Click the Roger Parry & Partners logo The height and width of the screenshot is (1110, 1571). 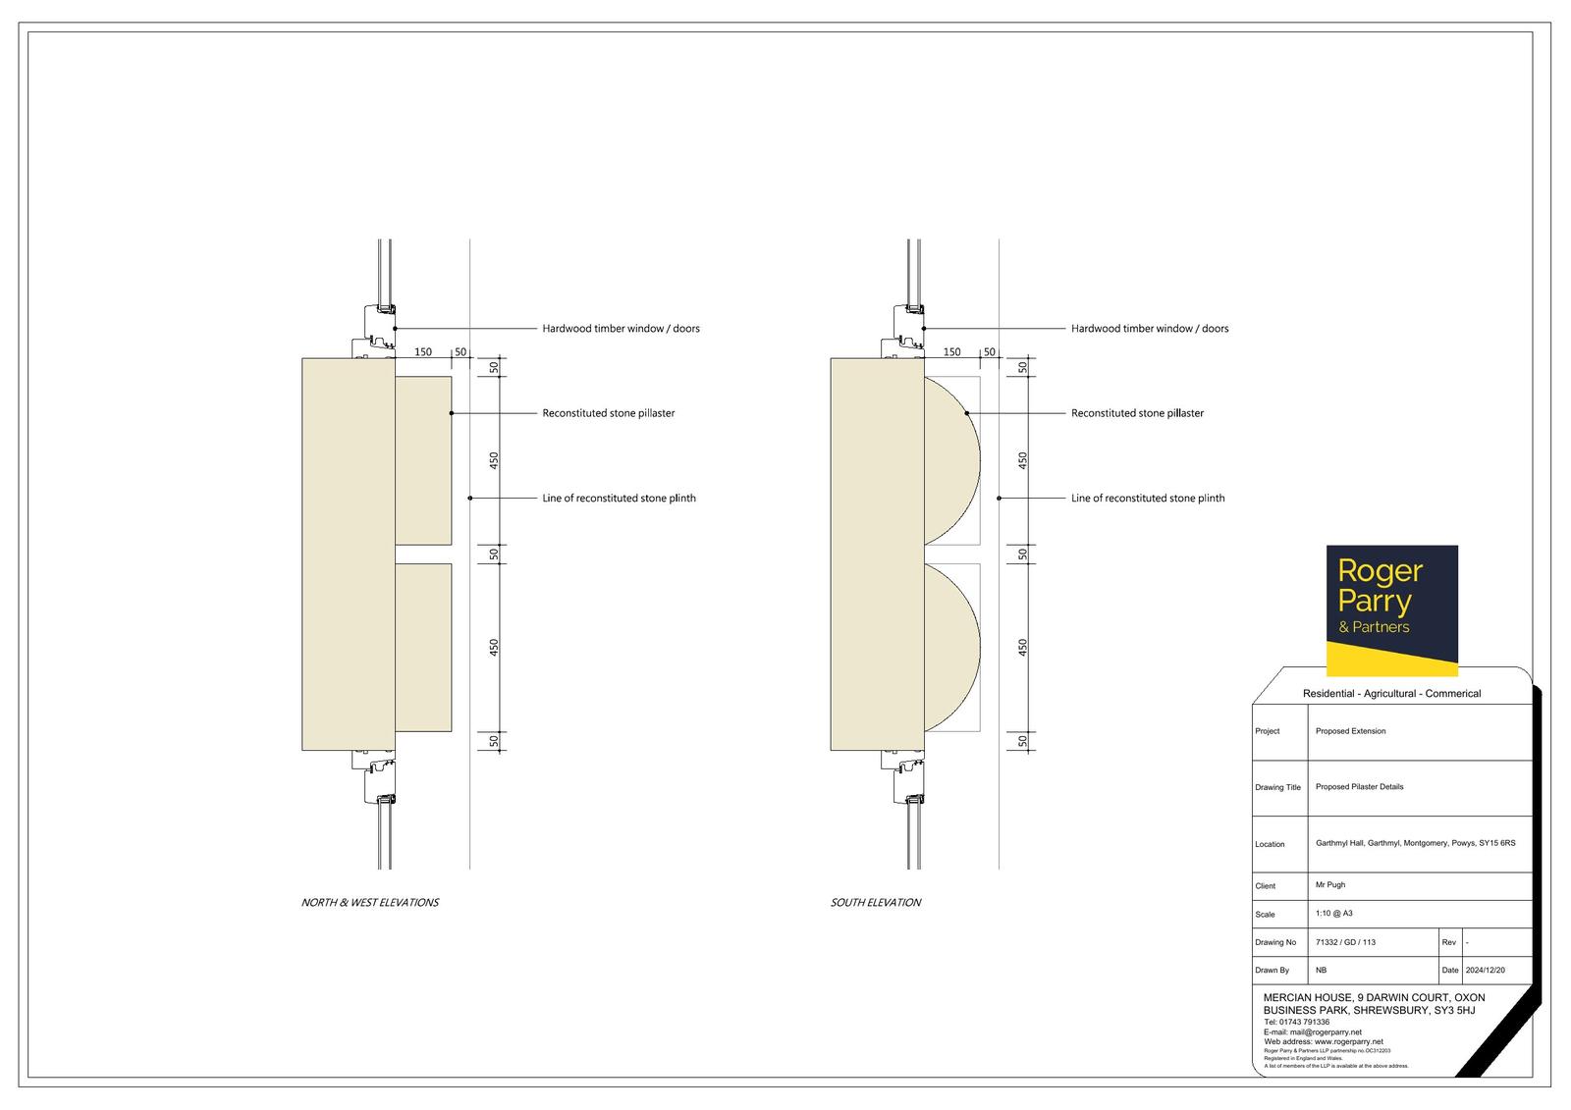pos(1391,610)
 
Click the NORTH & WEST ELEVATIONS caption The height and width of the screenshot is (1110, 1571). pos(369,903)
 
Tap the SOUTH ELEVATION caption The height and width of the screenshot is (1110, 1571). pos(875,903)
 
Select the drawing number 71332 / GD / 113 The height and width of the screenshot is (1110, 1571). pos(1345,942)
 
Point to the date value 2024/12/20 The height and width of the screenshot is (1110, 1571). pos(1485,971)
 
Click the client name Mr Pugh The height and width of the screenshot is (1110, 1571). pos(1330,885)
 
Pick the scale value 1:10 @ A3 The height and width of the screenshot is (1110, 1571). pos(1334,914)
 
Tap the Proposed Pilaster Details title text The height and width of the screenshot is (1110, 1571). pos(1359,787)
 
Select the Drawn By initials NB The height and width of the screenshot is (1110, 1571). pos(1321,971)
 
